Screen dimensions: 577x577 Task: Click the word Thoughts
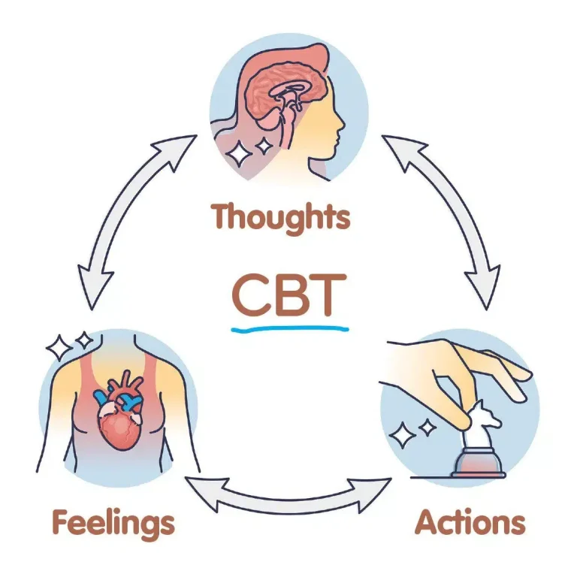280,217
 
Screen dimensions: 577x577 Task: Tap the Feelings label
113,523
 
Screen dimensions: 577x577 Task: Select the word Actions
470,523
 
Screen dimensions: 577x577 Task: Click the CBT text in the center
289,295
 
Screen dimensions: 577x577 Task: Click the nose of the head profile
342,123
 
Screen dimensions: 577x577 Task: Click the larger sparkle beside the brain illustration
239,153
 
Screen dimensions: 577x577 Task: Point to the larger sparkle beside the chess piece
402,435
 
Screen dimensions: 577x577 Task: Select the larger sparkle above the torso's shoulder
59,347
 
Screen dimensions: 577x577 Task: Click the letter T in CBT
328,295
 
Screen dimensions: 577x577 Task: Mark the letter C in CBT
249,295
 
